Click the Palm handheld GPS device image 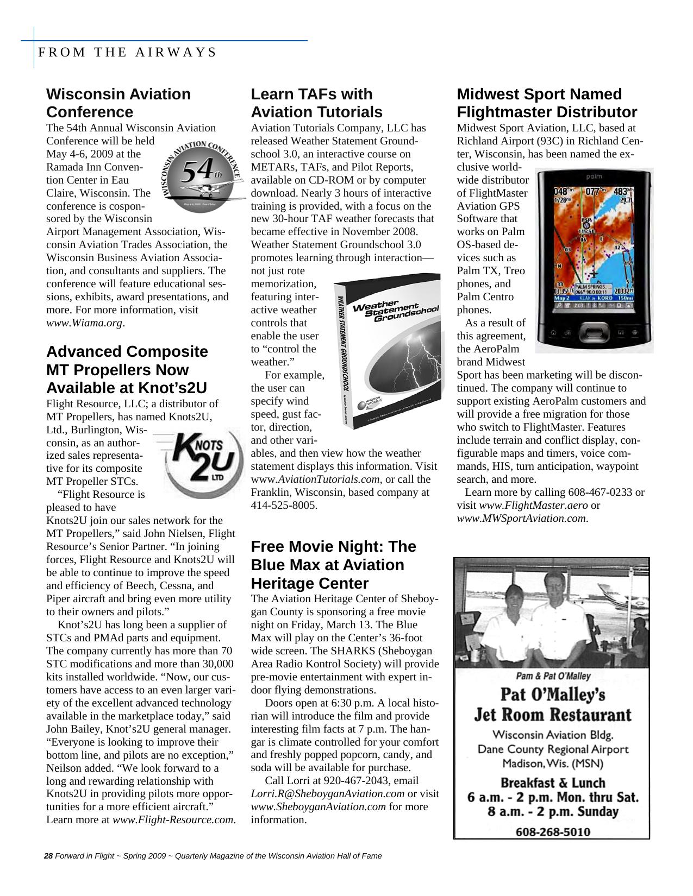(594, 261)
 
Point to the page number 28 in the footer (48, 856)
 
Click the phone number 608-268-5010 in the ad (552, 831)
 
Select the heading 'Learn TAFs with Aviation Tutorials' (316, 103)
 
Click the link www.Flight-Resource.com (173, 819)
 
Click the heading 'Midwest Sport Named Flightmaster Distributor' (546, 103)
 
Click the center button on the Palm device (595, 332)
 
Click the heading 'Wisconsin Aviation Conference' (118, 103)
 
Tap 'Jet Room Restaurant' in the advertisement (552, 714)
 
